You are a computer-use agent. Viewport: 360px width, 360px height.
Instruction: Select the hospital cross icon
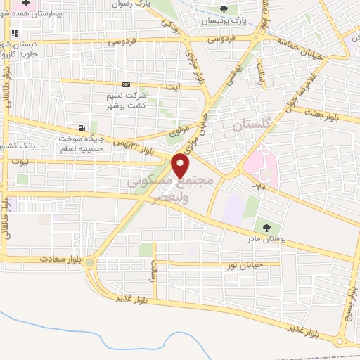tap(25, 4)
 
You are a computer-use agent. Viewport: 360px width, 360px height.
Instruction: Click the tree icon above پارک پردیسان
tap(224, 9)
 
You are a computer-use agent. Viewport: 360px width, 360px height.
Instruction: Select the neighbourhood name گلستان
tap(250, 125)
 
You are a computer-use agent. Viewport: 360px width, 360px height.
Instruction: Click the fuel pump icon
tap(84, 129)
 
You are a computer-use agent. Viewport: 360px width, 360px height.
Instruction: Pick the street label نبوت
tap(22, 161)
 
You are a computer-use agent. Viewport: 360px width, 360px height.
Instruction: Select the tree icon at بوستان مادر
tap(266, 226)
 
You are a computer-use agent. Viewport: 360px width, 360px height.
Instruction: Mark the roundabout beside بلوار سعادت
tap(89, 264)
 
